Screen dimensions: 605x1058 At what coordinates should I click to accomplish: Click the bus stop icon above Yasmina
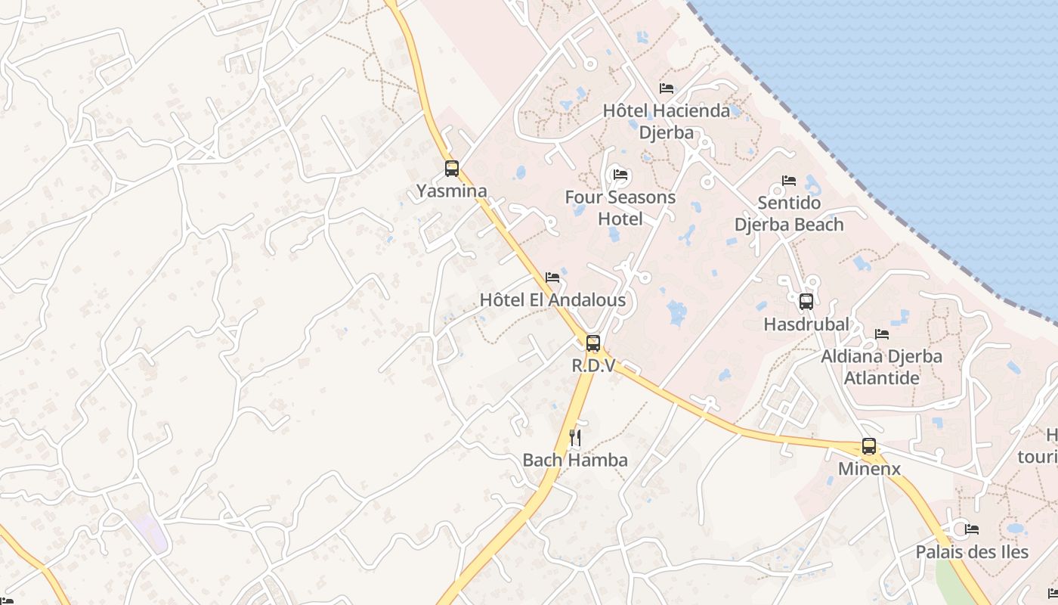(452, 169)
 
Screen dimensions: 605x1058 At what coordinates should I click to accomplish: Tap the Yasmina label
(452, 191)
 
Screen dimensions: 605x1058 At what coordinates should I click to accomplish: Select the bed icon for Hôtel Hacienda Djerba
(666, 88)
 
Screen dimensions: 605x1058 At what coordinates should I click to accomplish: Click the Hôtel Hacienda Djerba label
(667, 122)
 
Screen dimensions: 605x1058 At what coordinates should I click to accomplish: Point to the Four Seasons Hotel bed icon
(620, 175)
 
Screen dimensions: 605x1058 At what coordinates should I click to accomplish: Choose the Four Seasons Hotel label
(620, 208)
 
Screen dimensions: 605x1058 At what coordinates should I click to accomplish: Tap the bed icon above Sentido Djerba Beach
(789, 181)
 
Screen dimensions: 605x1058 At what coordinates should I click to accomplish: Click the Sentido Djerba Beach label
(789, 214)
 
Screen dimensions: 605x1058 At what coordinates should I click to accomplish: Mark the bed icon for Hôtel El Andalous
(552, 278)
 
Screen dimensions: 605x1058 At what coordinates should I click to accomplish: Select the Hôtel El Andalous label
(552, 300)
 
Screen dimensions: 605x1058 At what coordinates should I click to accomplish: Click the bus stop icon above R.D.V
(593, 343)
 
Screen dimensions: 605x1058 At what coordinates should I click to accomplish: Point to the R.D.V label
(593, 366)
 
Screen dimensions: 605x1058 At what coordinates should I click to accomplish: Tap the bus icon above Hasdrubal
(806, 302)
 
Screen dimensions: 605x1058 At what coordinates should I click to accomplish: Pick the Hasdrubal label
(806, 324)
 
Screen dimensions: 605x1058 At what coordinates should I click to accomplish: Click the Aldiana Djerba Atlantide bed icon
(881, 334)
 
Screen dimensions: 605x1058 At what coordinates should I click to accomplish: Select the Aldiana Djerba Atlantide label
(881, 367)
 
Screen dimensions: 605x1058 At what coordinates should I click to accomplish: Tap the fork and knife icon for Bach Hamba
(575, 438)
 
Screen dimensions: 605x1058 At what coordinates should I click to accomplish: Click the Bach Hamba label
(575, 460)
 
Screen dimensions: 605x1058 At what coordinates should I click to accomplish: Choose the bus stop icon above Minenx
(869, 446)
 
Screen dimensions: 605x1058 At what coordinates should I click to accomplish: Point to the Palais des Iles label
(972, 552)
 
